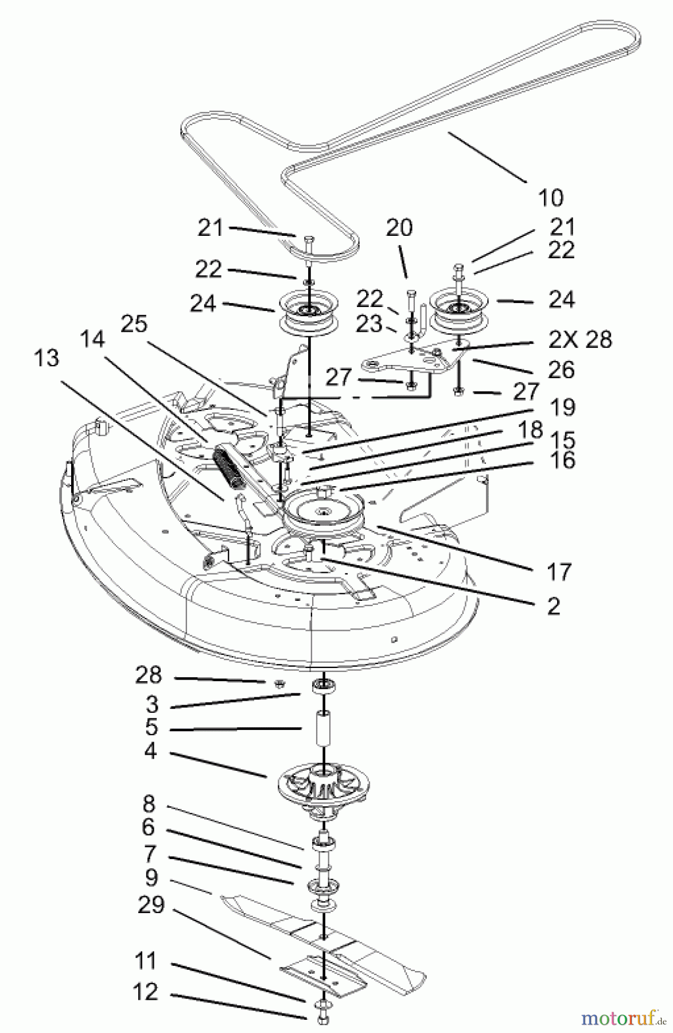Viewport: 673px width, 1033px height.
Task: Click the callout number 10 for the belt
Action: pyautogui.click(x=550, y=197)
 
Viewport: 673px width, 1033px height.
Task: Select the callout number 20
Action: pyautogui.click(x=399, y=228)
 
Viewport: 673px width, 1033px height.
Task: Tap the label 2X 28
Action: pyautogui.click(x=579, y=340)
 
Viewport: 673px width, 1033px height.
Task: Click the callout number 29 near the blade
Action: pyautogui.click(x=151, y=906)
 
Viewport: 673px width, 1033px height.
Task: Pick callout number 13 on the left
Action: pyautogui.click(x=46, y=358)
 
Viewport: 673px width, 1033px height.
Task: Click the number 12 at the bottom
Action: pyautogui.click(x=146, y=991)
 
